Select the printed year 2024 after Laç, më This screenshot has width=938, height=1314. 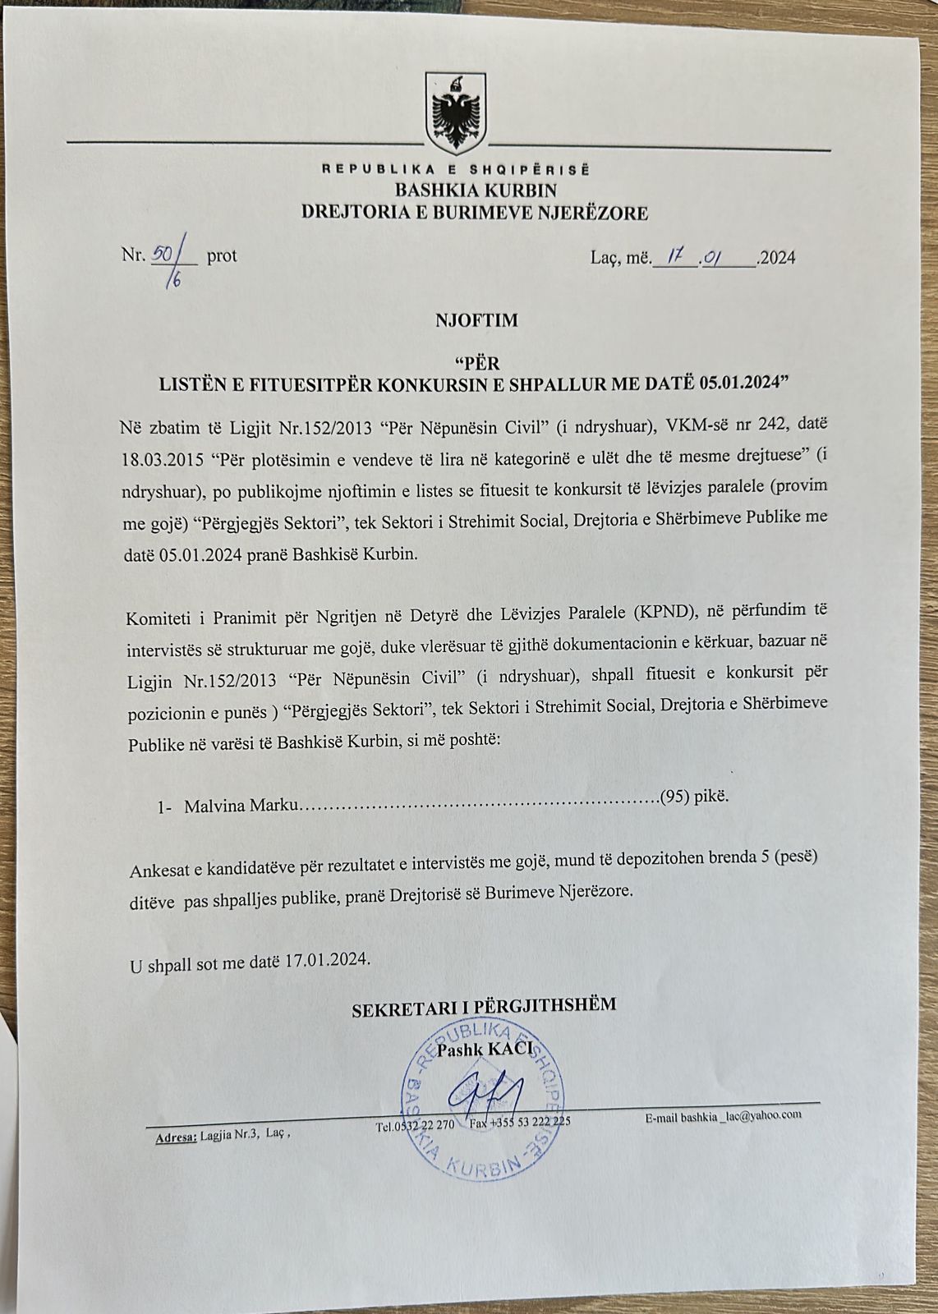click(777, 258)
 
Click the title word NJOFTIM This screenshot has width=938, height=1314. click(476, 320)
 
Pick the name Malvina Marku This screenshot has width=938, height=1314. click(240, 806)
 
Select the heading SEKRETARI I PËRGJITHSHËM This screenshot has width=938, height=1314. click(484, 1005)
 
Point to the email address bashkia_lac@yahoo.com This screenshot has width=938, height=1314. click(723, 1114)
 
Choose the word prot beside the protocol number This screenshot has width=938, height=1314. click(222, 256)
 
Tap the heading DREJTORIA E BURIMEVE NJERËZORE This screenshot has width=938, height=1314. click(475, 214)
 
